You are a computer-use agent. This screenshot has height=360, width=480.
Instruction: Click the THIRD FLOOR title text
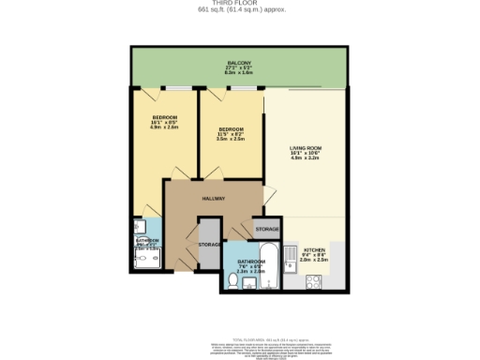(x=239, y=4)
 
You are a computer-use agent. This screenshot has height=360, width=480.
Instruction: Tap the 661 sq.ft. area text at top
(x=239, y=10)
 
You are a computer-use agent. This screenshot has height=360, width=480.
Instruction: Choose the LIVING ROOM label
(x=306, y=152)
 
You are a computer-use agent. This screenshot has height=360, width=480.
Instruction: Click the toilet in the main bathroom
(x=233, y=279)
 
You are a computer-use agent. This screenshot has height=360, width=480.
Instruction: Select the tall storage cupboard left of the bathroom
(x=209, y=246)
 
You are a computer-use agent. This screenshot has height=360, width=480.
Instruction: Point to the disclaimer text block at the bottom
(x=239, y=347)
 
